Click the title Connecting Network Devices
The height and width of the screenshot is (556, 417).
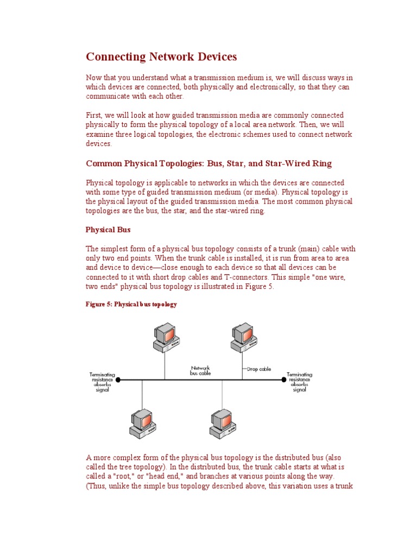(161, 57)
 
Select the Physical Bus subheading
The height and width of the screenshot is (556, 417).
(109, 230)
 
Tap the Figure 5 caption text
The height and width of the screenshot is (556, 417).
(131, 305)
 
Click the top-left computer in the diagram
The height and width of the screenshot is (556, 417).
(166, 337)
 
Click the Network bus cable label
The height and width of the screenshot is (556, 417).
(200, 370)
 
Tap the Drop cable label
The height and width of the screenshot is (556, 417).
(258, 369)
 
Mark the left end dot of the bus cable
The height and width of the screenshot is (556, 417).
(118, 380)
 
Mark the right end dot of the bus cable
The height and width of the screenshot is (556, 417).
(283, 380)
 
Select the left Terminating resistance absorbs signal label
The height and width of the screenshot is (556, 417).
(102, 382)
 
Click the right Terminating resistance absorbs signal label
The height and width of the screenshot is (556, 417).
(300, 382)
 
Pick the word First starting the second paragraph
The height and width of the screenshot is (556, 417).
(94, 116)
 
